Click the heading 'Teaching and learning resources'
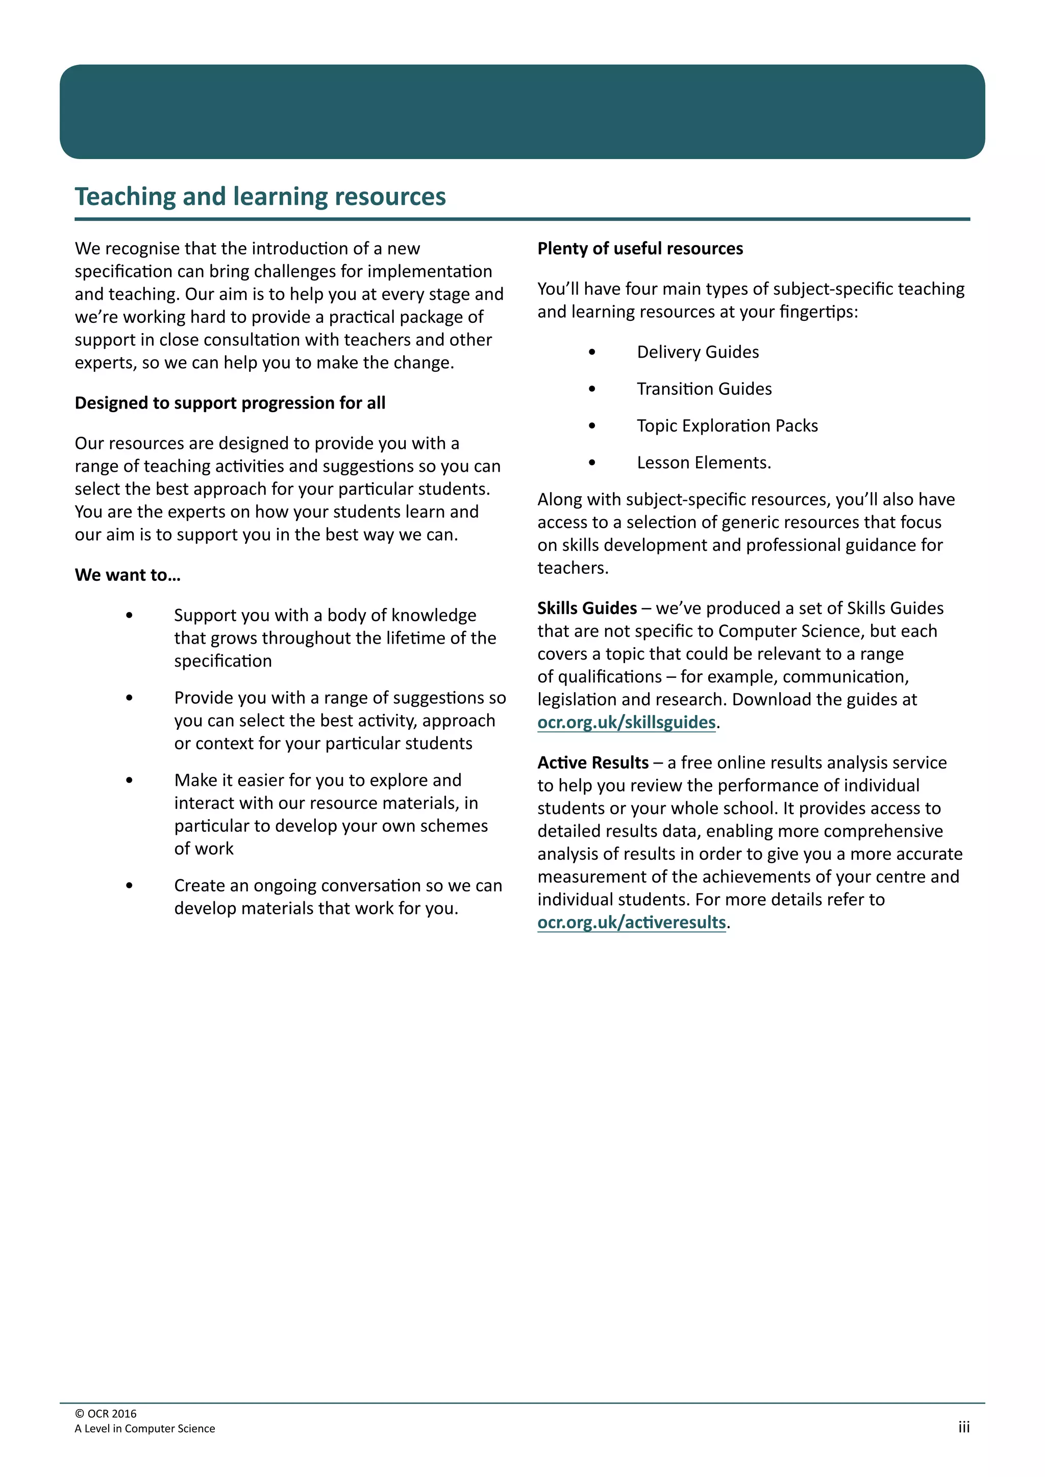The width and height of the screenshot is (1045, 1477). [260, 197]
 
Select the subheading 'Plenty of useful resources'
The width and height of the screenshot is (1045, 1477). [640, 249]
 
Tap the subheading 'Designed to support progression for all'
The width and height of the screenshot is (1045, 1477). [230, 403]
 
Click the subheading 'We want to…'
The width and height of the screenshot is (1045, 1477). [128, 575]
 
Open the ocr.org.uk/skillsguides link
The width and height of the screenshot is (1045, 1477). [626, 722]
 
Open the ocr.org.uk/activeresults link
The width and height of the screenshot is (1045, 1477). [631, 923]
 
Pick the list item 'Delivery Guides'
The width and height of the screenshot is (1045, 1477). [698, 352]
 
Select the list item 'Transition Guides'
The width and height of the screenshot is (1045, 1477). [704, 389]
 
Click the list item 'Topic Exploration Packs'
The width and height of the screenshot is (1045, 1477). [727, 426]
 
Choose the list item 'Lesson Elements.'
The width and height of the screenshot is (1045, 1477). [703, 463]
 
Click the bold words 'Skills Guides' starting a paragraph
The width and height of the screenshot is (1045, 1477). [587, 608]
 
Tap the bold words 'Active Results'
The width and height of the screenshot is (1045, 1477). [592, 763]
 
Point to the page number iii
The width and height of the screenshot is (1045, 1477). [963, 1427]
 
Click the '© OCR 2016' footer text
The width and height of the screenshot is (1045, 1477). [106, 1413]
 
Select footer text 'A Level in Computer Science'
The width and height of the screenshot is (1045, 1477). [145, 1428]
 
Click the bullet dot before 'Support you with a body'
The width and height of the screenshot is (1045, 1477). [129, 616]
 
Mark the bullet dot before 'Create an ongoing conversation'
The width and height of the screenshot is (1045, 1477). [129, 886]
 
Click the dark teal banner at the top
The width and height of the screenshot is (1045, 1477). [522, 111]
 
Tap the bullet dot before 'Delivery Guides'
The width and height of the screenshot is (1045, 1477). [592, 352]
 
